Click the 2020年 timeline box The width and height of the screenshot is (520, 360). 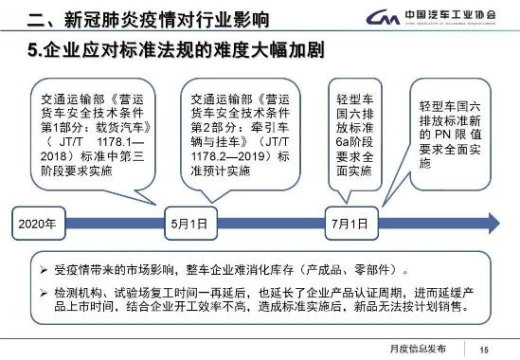point(39,225)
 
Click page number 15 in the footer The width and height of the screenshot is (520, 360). point(483,348)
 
